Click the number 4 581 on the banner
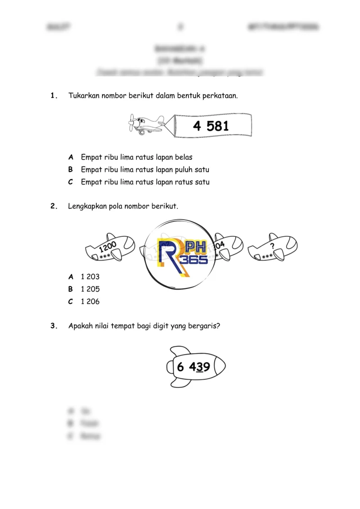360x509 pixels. tap(211, 126)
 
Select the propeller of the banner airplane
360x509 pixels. tap(131, 122)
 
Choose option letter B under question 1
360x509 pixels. tap(71, 170)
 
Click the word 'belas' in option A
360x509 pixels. tap(183, 157)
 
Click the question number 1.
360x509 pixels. tap(54, 95)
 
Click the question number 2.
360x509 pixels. tap(54, 206)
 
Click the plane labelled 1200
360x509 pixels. tap(110, 248)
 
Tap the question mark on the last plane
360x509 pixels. tap(272, 245)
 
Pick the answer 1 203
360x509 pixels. tap(90, 277)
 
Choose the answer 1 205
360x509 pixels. tap(90, 289)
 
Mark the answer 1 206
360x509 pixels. tap(90, 302)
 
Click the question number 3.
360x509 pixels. tap(54, 327)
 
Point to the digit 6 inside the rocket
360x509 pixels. tap(180, 367)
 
